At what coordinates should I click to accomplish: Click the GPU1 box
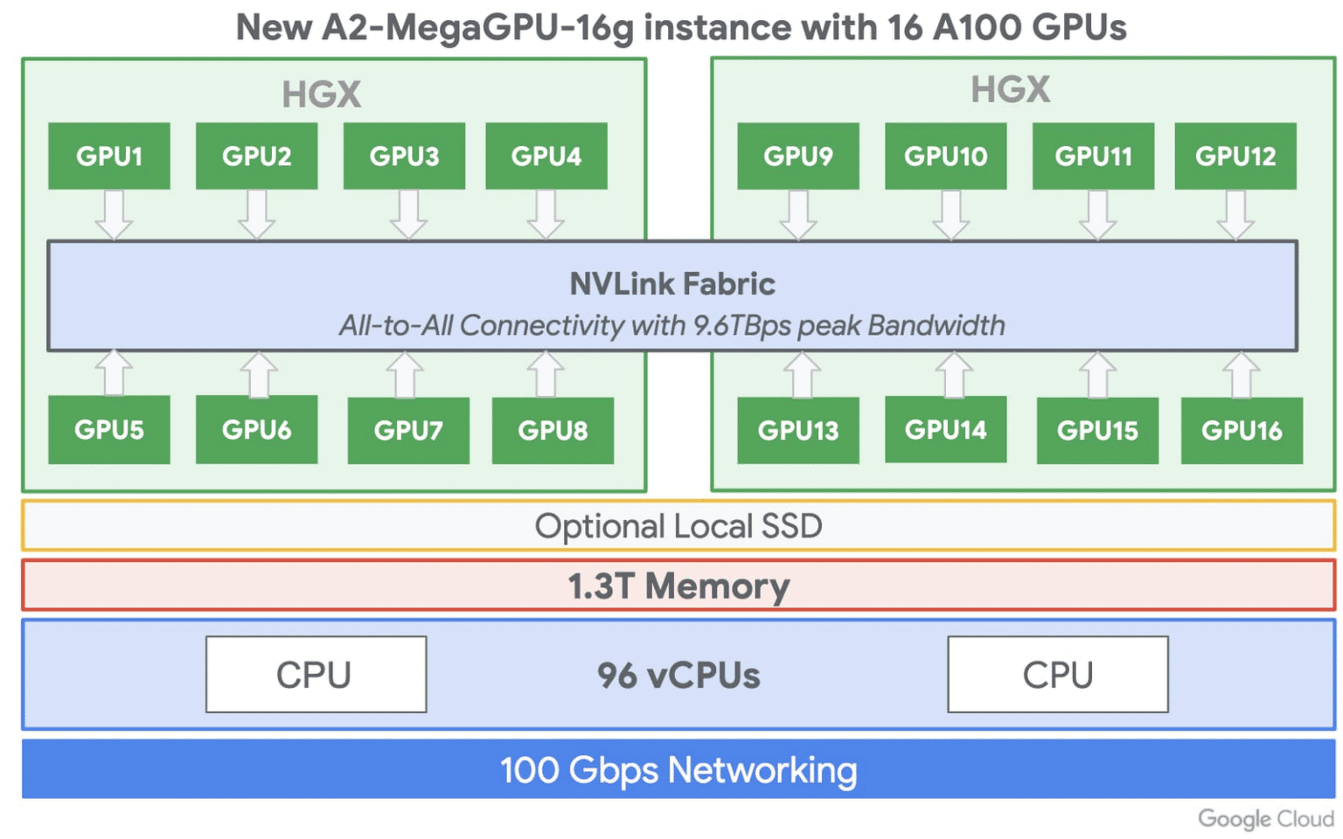109,156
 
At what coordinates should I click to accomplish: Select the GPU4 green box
546,156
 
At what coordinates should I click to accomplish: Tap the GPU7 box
408,430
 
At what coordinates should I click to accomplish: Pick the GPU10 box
945,156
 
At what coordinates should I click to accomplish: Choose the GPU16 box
1242,430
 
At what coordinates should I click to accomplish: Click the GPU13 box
797,430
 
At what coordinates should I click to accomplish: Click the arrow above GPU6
258,374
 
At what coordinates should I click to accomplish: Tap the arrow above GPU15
1097,374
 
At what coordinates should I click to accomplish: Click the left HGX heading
321,94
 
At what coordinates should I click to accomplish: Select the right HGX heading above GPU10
1010,89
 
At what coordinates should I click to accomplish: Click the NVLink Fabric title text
672,284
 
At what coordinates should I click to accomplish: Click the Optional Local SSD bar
678,526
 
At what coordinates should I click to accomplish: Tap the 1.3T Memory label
678,586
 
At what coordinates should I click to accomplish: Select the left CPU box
316,675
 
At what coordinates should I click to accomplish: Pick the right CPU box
1057,675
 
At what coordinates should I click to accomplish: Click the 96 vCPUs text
678,676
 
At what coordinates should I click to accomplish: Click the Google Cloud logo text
1265,819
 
